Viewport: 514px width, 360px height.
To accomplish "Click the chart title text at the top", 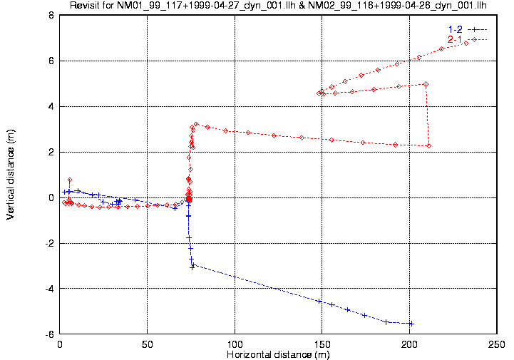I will pos(278,6).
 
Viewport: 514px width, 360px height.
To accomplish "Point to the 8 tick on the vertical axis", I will pos(51,15).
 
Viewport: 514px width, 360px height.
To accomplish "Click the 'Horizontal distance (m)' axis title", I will pos(278,354).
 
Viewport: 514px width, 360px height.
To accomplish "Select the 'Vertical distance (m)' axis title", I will pos(11,174).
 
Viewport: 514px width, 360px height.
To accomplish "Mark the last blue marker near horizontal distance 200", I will pos(411,324).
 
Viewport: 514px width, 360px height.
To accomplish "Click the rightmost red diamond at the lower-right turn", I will pos(428,146).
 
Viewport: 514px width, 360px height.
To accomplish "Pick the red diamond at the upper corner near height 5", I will pos(426,84).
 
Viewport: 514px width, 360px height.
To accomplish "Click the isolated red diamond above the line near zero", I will pos(69,180).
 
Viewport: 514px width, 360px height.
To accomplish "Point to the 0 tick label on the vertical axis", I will pos(51,197).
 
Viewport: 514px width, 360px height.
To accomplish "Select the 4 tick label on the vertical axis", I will pos(51,106).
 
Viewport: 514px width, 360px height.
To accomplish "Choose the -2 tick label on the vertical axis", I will pos(48,243).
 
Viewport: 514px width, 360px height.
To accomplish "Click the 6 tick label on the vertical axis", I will pos(51,61).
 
